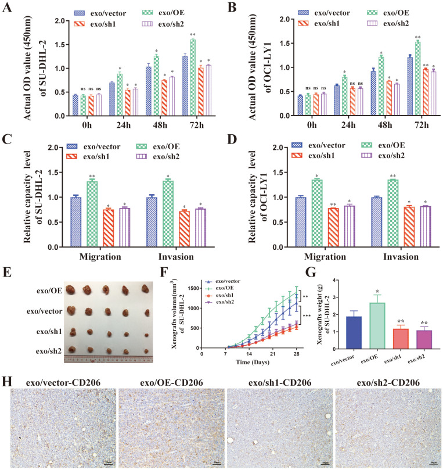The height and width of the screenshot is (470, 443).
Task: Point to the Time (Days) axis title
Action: [251, 364]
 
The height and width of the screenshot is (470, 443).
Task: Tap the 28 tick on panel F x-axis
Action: [296, 355]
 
